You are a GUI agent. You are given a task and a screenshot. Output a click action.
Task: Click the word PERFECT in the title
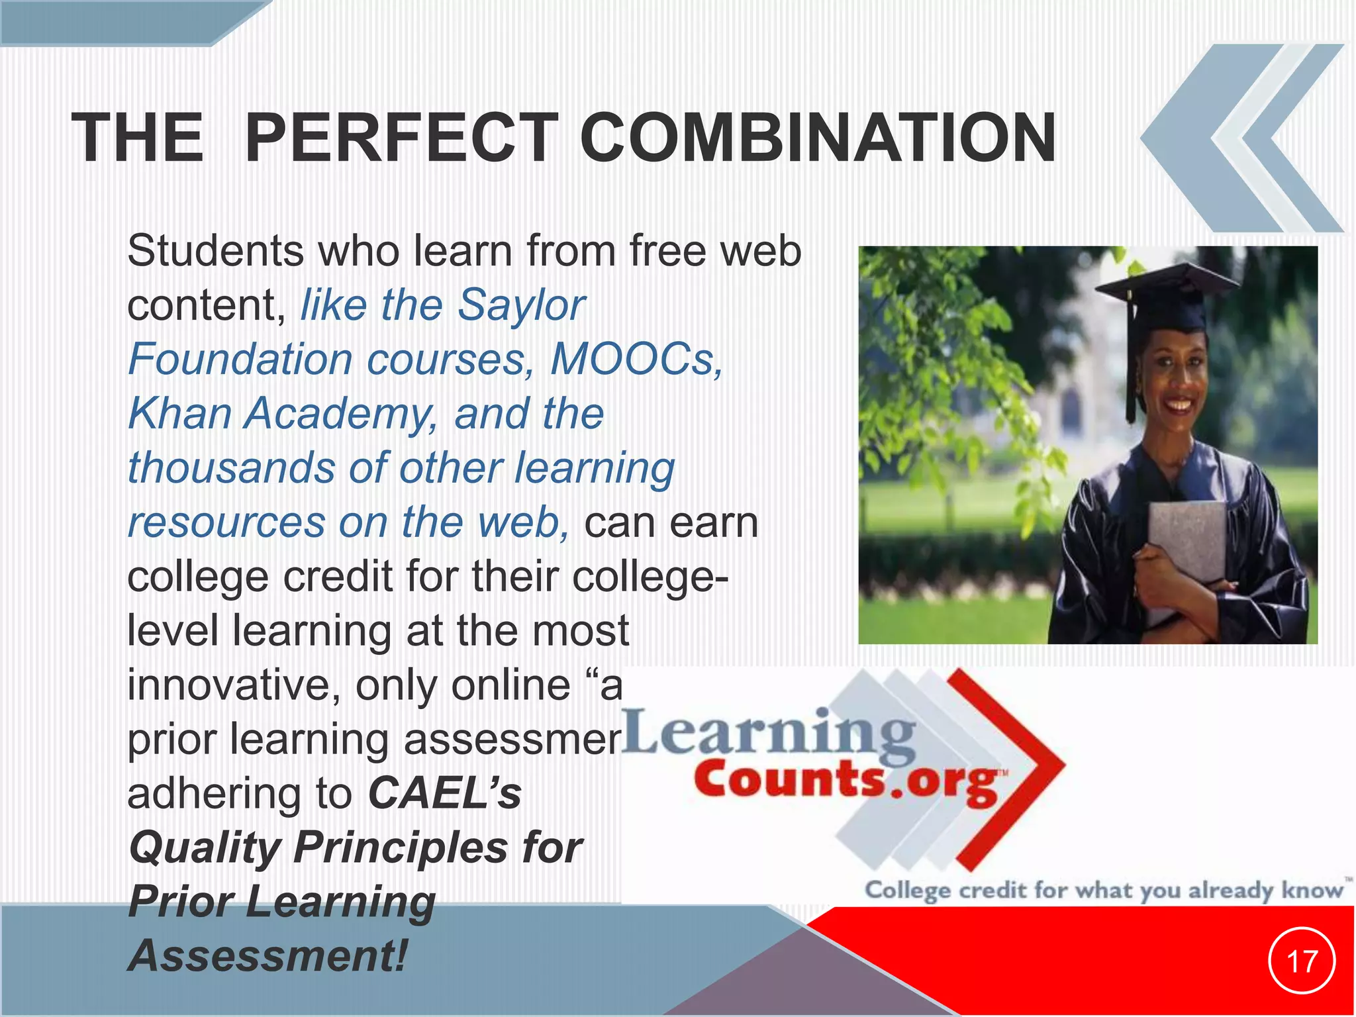(401, 138)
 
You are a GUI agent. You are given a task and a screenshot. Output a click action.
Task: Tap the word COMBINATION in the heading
(818, 138)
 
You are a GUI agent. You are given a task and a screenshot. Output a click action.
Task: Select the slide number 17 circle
(1302, 961)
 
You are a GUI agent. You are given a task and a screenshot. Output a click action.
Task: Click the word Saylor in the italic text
(522, 306)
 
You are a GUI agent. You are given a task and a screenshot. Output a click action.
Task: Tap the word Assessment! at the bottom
(268, 955)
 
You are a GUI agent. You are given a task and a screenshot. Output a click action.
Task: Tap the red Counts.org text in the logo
(847, 781)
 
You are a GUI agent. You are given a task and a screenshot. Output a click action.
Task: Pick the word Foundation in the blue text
(240, 360)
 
